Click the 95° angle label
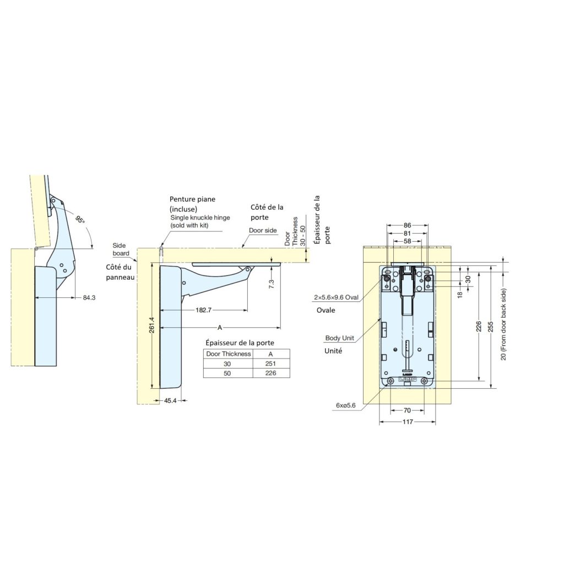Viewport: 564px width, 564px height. tap(80, 219)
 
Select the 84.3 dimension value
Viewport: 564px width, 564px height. tap(89, 298)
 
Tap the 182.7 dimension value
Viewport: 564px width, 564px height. tap(203, 310)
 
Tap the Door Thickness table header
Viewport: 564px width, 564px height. tap(227, 354)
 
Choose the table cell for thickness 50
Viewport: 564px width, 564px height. tap(227, 373)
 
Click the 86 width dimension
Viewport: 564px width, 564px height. tap(407, 225)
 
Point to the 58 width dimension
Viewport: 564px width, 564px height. tap(407, 241)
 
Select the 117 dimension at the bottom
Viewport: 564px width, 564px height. tap(407, 422)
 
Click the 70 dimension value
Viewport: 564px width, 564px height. tap(407, 410)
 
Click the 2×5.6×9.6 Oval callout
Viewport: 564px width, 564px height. tap(336, 297)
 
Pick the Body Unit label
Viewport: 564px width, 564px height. tap(339, 338)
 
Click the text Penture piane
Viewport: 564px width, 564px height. tap(193, 199)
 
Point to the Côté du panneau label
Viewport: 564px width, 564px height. tap(121, 272)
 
